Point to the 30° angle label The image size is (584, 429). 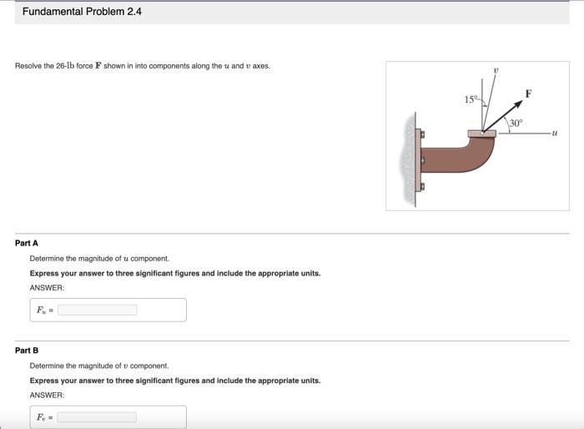(516, 123)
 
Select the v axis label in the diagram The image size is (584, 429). (496, 72)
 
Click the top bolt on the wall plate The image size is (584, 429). (420, 133)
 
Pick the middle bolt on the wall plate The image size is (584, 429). (420, 159)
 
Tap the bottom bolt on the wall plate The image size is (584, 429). (420, 186)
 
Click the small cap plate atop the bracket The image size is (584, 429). (481, 132)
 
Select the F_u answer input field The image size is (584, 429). (97, 310)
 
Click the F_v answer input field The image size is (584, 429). (97, 416)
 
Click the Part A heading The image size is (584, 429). (27, 243)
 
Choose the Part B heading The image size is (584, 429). (27, 350)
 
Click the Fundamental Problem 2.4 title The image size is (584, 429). (82, 12)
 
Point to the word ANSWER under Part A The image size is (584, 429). (47, 288)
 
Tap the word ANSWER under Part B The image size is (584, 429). (47, 395)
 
